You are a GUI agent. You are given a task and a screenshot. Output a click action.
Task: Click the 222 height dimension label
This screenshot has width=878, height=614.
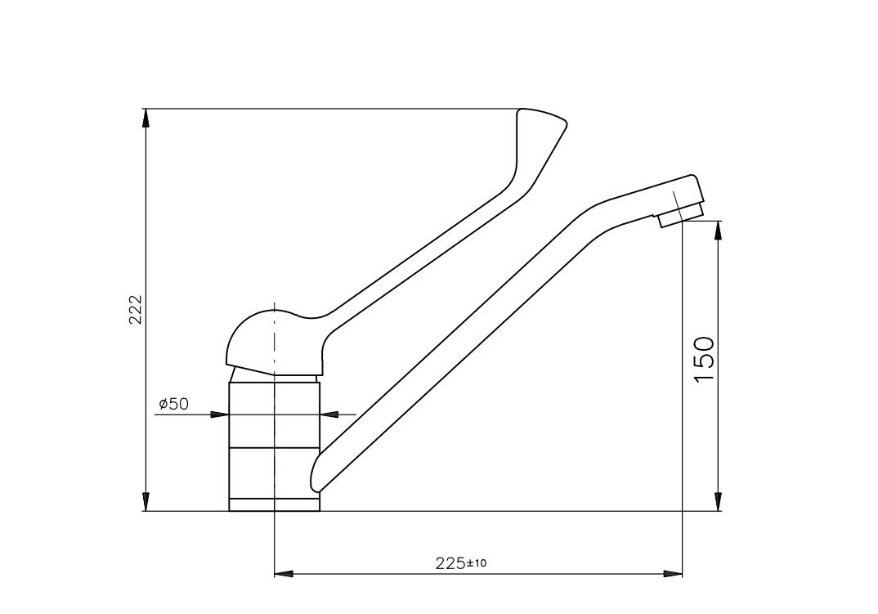point(136,309)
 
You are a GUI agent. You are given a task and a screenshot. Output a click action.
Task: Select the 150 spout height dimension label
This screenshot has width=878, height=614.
point(705,360)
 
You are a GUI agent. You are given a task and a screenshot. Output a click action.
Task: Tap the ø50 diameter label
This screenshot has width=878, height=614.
point(174,403)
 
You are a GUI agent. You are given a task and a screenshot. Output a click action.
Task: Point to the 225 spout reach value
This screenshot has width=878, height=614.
point(450,563)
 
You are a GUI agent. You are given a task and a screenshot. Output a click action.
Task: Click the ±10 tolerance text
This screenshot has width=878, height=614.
point(477,562)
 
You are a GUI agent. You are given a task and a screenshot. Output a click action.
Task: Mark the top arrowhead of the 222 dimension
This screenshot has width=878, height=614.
point(146,119)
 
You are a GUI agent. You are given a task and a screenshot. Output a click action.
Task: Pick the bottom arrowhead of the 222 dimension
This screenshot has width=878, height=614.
point(146,501)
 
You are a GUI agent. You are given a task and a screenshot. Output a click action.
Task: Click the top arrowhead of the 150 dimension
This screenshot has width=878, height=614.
point(719,231)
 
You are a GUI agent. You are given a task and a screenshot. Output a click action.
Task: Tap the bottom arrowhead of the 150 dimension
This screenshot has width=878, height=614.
point(719,501)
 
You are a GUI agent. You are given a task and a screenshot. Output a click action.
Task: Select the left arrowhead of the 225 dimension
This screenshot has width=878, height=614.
point(284,574)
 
